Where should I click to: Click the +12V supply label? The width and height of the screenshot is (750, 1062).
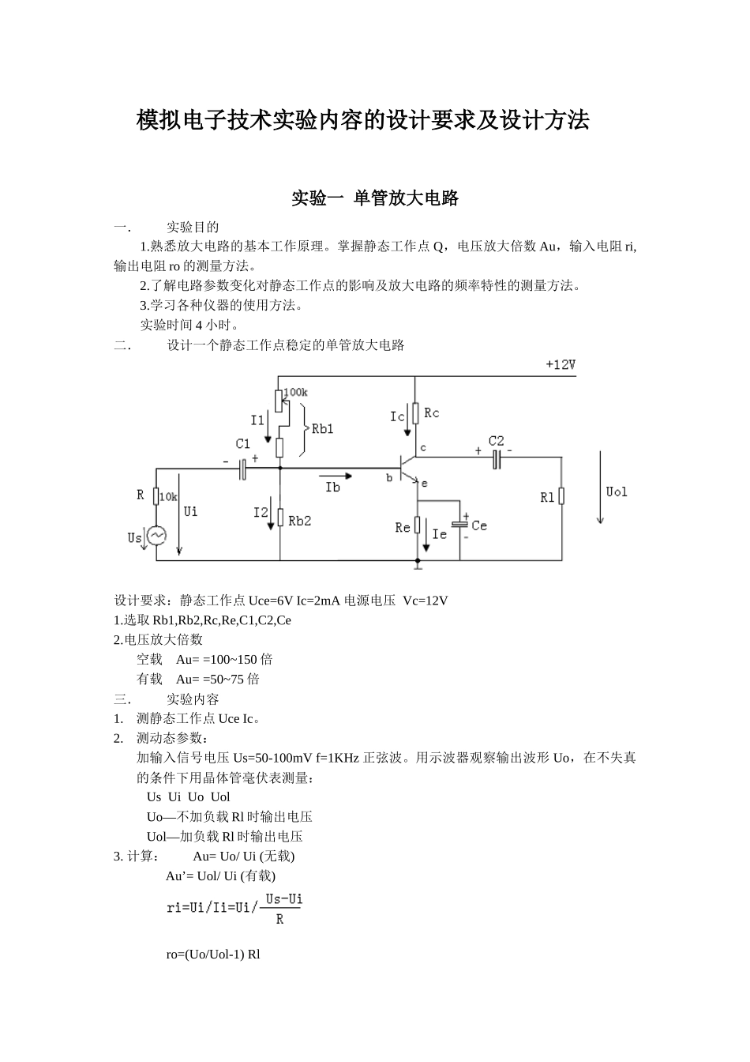560,365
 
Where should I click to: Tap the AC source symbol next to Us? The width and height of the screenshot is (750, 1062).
156,536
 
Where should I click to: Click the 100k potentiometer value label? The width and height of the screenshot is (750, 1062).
295,392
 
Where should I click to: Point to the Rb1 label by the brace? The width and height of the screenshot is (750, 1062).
322,428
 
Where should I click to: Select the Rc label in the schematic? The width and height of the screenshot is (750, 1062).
431,412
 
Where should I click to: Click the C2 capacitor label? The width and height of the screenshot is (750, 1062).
496,441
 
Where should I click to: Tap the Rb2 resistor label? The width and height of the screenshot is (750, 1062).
299,521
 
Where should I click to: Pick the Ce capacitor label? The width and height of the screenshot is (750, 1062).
479,525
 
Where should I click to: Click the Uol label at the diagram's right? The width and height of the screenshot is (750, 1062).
617,491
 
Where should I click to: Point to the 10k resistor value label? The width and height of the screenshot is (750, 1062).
168,497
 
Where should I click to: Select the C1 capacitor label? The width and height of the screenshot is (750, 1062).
242,444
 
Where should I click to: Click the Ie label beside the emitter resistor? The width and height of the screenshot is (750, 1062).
440,534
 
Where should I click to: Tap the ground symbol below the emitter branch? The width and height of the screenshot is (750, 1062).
418,564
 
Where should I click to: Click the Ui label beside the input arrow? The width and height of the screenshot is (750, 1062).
191,511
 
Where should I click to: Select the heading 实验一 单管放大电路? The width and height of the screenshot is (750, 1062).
375,198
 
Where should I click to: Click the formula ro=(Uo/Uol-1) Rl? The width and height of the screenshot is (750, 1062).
213,954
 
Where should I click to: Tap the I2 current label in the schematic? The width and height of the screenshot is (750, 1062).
261,513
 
